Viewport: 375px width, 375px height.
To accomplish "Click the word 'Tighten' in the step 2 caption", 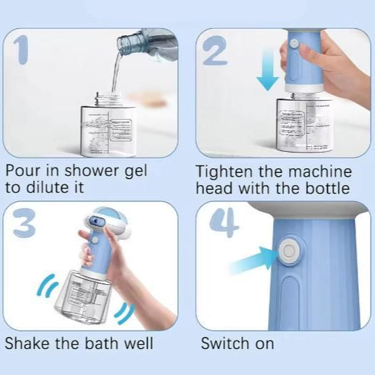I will click(x=221, y=171).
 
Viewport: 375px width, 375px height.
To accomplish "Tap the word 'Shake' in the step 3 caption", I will click(x=25, y=344).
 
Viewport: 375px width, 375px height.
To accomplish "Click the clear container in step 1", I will click(x=113, y=127).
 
